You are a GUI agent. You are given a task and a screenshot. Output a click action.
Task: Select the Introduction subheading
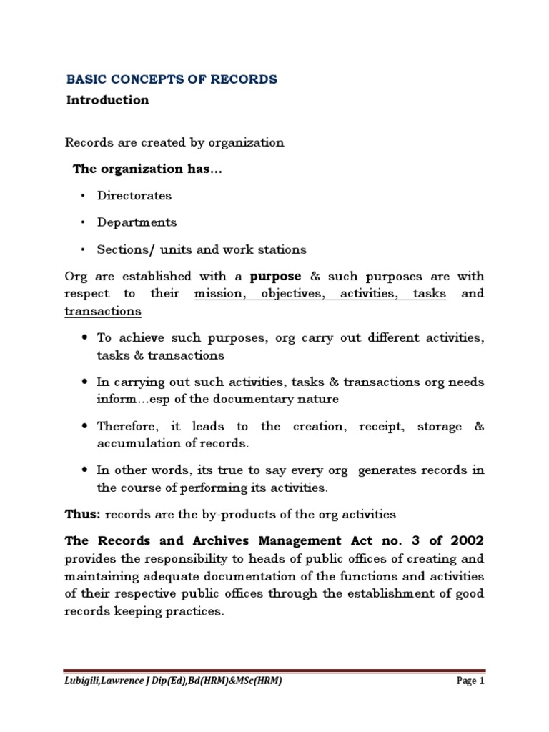(x=107, y=100)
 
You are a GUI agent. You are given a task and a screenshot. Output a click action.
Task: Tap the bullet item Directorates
(x=134, y=195)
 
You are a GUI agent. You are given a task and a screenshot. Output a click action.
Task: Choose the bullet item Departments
(x=137, y=222)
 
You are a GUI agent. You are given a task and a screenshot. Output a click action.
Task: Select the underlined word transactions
(x=103, y=311)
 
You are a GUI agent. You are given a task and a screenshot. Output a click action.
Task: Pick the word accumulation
(x=134, y=443)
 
